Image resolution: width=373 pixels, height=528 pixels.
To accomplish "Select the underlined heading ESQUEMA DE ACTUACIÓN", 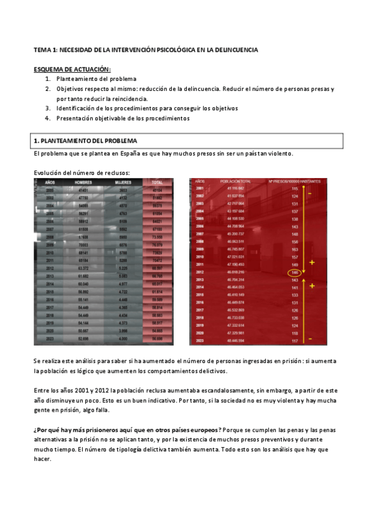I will [x=72, y=69].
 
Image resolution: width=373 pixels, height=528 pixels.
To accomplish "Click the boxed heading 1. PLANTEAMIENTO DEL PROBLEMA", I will [x=85, y=141].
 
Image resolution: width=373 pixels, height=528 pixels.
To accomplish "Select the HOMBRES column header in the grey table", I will [x=83, y=182].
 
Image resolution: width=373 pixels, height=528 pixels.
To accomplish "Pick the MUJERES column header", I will [x=123, y=182].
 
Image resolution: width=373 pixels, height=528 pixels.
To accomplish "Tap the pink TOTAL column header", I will [x=156, y=182].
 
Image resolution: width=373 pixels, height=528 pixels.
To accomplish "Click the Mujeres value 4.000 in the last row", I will [x=123, y=339].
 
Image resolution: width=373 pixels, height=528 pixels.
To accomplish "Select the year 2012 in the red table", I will [x=200, y=272].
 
